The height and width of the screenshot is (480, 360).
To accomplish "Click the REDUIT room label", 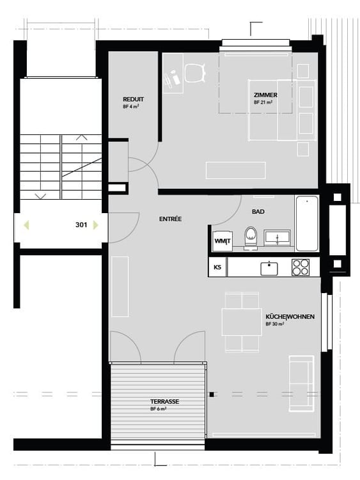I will click(133, 99).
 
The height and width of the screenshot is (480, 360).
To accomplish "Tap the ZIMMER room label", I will click(265, 95).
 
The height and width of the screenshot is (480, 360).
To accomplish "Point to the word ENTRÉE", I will click(170, 219).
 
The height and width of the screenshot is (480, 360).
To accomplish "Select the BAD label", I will click(258, 211).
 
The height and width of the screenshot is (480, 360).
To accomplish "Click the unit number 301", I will click(81, 225).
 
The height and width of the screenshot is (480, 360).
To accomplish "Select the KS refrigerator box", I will click(217, 267).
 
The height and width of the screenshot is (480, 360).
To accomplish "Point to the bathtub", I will click(306, 223).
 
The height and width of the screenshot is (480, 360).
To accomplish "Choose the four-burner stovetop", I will click(301, 267).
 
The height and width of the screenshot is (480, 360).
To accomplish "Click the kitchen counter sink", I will click(269, 266).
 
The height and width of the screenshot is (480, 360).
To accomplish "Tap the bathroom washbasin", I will click(278, 237).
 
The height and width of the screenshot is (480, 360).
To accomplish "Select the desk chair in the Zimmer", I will click(194, 72).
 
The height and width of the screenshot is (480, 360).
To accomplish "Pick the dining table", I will click(241, 322).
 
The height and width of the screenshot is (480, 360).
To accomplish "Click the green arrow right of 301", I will click(95, 225).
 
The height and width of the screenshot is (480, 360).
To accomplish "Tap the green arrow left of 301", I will click(26, 225).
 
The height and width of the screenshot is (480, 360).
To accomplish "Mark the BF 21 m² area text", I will click(263, 102).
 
